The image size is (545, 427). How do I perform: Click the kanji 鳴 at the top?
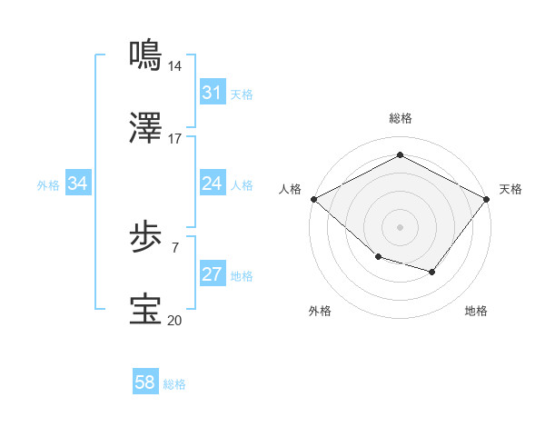146,55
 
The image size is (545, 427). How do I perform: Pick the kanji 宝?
146,310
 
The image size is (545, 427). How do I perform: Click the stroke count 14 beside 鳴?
175,65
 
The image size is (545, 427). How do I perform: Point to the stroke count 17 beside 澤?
175,139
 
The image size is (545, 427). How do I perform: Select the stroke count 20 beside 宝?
175,319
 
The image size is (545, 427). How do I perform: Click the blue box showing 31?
212,93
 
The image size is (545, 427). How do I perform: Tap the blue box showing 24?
212,184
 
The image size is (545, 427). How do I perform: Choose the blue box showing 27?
212,274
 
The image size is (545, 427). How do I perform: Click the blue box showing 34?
78,184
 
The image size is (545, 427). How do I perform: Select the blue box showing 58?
145,382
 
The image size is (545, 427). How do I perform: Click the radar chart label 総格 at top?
401,118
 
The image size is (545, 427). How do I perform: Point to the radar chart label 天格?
510,189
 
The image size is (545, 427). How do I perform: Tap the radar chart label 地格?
476,311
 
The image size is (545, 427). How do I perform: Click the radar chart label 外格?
320,311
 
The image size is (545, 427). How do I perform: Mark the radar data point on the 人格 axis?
313,199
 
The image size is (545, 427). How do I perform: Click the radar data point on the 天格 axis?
488,199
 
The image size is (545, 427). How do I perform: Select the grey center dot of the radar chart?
401,227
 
